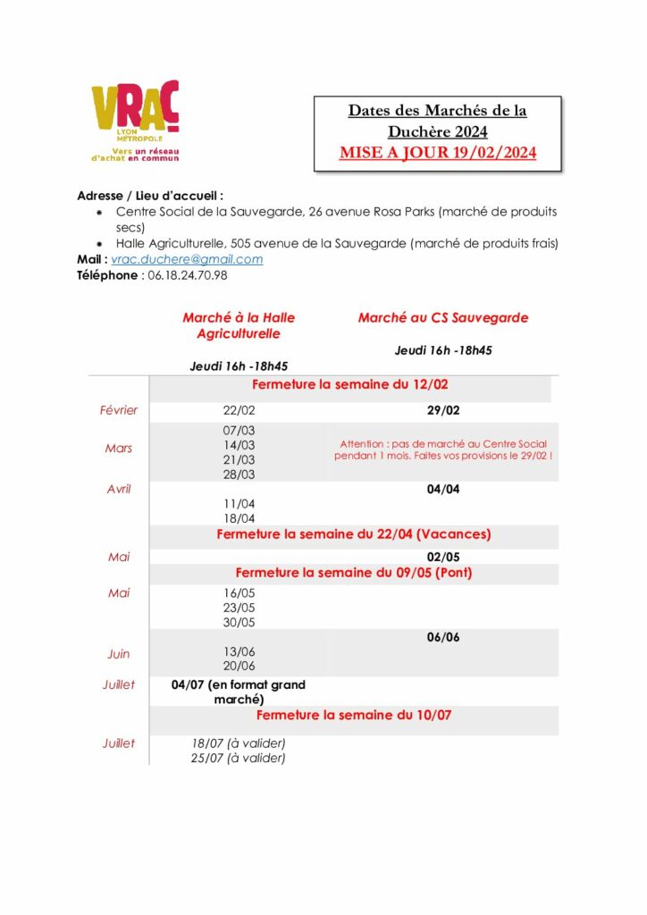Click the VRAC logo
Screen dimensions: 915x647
pyautogui.click(x=135, y=120)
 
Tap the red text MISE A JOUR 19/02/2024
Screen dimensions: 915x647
pyautogui.click(x=438, y=153)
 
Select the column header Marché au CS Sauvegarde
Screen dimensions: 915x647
pyautogui.click(x=442, y=317)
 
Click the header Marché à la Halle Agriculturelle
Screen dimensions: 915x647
pyautogui.click(x=239, y=325)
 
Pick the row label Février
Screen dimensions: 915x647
pyautogui.click(x=118, y=410)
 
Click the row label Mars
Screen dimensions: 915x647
pyautogui.click(x=118, y=448)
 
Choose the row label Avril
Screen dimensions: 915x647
pyautogui.click(x=118, y=489)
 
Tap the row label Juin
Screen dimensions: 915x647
pyautogui.click(x=118, y=653)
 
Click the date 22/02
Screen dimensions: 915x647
pyautogui.click(x=239, y=410)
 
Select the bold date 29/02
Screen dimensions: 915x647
pyautogui.click(x=443, y=410)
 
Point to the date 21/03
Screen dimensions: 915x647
pyautogui.click(x=239, y=459)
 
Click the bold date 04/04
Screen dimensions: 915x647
pyautogui.click(x=443, y=489)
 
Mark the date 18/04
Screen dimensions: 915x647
pyautogui.click(x=239, y=518)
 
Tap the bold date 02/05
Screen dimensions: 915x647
pyautogui.click(x=443, y=557)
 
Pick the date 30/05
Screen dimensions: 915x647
pyautogui.click(x=239, y=622)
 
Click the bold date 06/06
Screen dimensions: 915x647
pyautogui.click(x=443, y=637)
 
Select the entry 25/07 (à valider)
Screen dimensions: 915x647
pyautogui.click(x=239, y=758)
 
